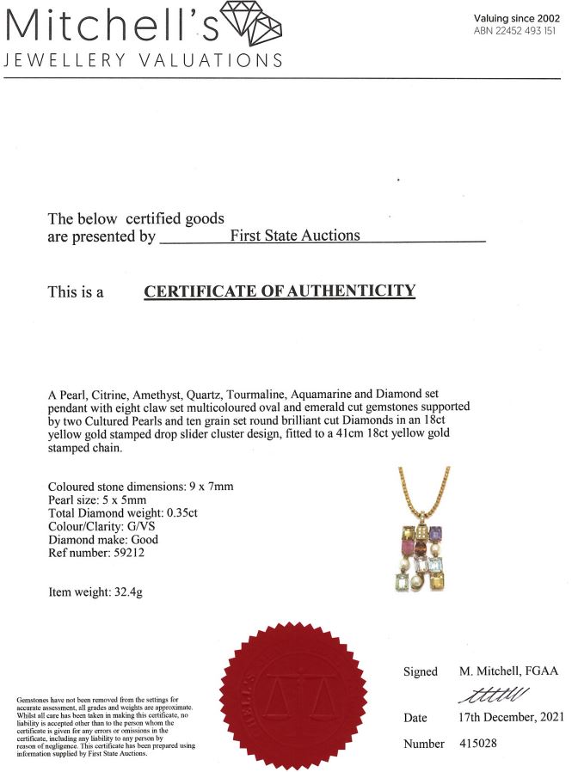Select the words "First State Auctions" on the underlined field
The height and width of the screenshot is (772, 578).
[295, 235]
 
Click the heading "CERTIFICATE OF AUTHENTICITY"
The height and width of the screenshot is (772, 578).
[279, 291]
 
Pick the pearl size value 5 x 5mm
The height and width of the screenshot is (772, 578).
[131, 500]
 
